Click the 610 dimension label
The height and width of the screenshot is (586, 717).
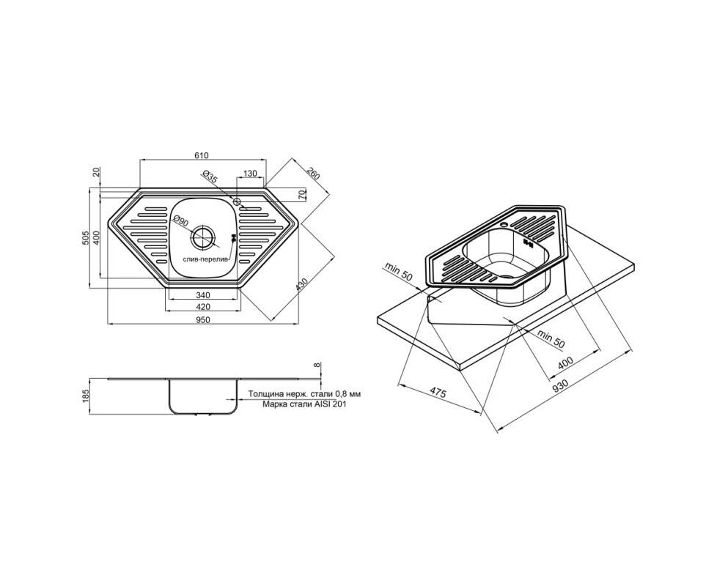201,155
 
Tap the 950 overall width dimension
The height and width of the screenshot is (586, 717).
202,319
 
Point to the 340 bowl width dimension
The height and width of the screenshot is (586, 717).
202,295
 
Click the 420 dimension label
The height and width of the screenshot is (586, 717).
202,306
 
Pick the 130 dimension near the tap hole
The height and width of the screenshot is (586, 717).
250,174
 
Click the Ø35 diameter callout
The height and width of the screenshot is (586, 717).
208,177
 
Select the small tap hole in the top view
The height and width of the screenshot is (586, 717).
237,201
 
